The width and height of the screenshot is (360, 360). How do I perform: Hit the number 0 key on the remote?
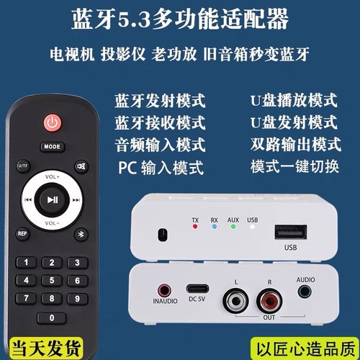click(51, 318)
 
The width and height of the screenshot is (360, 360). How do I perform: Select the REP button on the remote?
click(22, 233)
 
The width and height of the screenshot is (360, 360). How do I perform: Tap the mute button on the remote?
click(81, 167)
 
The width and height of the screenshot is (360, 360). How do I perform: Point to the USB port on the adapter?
click(290, 233)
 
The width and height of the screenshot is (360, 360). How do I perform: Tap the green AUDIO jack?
click(305, 292)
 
